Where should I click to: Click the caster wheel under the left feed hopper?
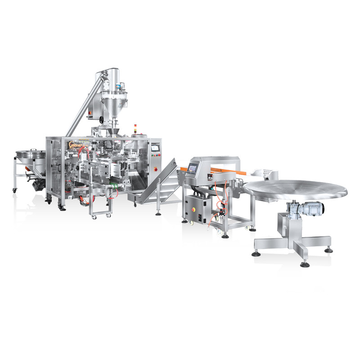pyautogui.click(x=14, y=190)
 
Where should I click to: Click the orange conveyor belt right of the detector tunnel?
pyautogui.click(x=234, y=171)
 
